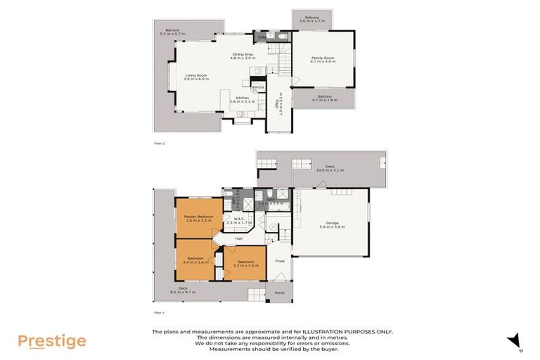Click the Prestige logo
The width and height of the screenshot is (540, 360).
[x=52, y=341]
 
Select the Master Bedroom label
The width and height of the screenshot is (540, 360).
[x=198, y=216]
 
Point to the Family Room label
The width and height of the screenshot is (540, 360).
[x=323, y=58]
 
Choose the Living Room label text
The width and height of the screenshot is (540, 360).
[x=197, y=75]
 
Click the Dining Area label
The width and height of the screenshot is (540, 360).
[x=243, y=55]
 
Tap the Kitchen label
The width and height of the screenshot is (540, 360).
[x=243, y=98]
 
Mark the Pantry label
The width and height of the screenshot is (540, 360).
[x=257, y=86]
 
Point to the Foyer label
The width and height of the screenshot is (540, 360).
[x=279, y=260]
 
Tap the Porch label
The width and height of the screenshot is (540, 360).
[x=279, y=293]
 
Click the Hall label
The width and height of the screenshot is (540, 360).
[x=239, y=238]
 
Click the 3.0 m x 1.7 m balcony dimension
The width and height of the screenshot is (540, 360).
[x=311, y=22]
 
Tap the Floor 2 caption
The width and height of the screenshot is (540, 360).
[x=159, y=143]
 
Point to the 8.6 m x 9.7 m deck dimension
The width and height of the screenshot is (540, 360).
[x=183, y=292]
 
